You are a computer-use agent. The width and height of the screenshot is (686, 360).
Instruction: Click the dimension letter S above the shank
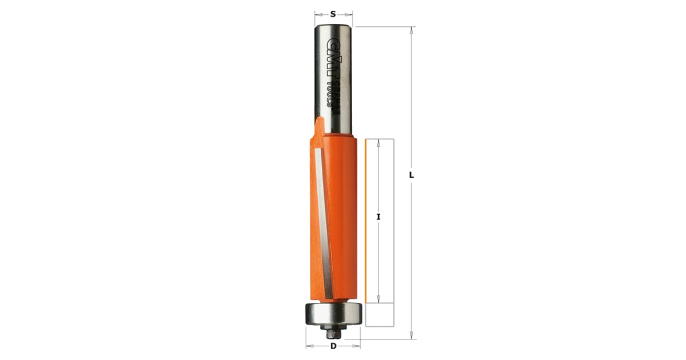333,14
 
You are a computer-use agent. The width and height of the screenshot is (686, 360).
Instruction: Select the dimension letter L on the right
412,175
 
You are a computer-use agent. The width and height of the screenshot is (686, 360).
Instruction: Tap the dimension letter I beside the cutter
378,217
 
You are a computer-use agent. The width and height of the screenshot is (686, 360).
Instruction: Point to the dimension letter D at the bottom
333,346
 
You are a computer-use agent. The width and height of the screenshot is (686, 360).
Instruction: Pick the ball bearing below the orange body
333,314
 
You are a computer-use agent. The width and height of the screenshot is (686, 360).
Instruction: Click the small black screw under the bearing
333,332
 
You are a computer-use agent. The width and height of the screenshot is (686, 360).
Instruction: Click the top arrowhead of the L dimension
412,30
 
